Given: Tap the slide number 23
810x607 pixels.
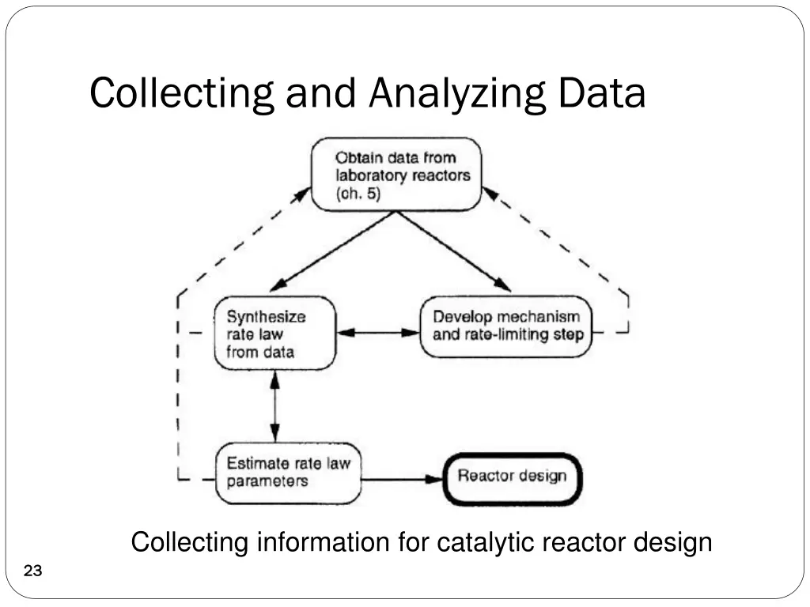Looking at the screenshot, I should pos(33,571).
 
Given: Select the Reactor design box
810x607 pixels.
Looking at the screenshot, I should pos(512,477).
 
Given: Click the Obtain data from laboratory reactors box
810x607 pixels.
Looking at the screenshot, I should pos(396,175).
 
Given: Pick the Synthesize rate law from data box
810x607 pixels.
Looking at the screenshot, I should pos(274,333).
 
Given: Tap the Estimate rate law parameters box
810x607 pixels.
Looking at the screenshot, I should pos(288,472).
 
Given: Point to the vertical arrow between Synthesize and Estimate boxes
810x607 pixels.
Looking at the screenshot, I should pos(274,408).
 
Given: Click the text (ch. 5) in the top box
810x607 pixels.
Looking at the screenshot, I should pos(358,194).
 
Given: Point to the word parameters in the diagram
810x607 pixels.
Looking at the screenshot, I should pos(267,481).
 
